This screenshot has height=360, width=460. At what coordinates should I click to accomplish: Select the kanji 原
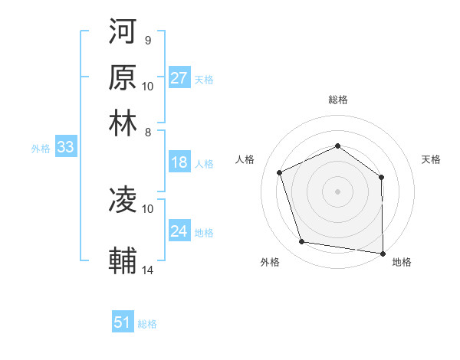click(123, 77)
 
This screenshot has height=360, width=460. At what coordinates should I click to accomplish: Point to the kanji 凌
click(123, 201)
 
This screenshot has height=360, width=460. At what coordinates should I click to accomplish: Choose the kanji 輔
click(123, 260)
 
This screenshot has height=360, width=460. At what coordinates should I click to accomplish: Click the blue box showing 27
click(179, 79)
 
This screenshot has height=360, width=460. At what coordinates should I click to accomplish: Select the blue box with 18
click(179, 162)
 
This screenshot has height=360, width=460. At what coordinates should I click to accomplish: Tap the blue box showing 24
click(179, 231)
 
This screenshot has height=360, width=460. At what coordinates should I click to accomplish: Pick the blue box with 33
click(65, 149)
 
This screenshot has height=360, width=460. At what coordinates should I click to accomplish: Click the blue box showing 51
click(123, 323)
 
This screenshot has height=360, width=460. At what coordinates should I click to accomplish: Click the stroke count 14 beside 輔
click(149, 270)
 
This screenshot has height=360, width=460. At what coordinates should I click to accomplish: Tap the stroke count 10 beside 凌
click(148, 208)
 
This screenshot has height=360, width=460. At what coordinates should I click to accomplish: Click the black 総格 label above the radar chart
click(337, 100)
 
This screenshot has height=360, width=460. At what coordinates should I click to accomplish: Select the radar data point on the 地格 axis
click(383, 253)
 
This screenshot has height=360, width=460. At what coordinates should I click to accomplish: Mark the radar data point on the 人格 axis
click(281, 172)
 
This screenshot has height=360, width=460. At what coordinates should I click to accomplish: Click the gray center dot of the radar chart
click(337, 191)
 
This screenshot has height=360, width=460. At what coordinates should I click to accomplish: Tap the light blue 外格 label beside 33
click(40, 149)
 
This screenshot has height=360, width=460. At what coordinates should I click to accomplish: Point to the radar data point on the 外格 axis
click(302, 242)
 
